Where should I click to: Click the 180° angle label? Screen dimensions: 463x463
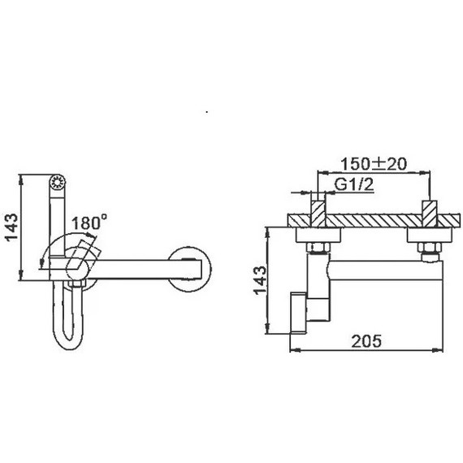coord(90,223)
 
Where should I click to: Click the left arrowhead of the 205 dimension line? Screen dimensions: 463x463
coord(294,351)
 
